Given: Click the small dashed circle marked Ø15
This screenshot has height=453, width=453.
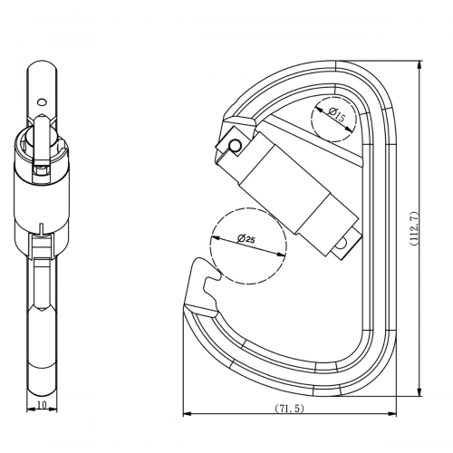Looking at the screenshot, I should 332,119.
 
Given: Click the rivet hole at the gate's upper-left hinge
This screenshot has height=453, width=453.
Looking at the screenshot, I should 235,145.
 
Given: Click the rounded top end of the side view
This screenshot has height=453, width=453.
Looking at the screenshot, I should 42,67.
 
